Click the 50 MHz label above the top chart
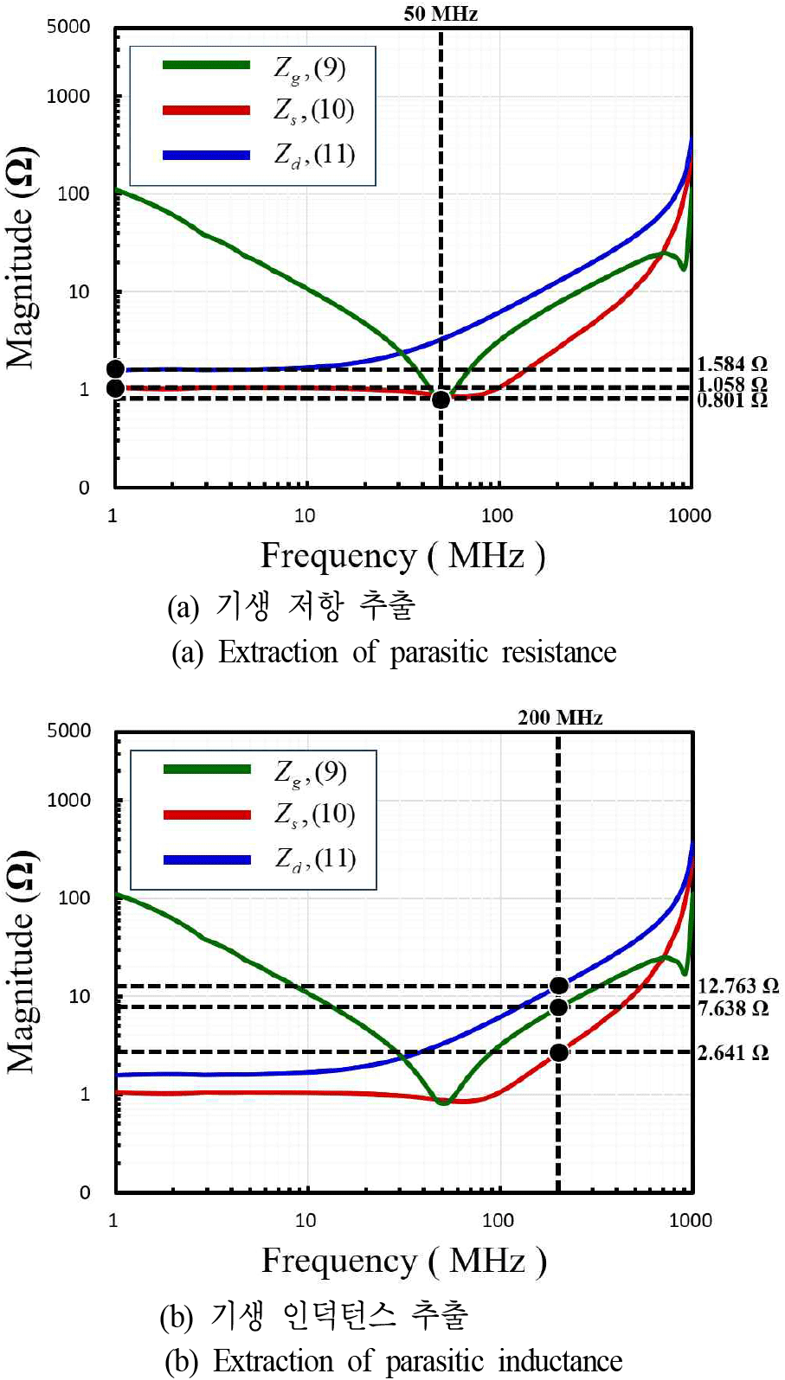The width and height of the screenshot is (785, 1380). (441, 13)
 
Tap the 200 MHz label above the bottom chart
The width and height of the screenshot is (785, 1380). (560, 717)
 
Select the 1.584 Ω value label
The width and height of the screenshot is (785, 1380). (732, 364)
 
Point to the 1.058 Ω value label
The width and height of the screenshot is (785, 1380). (732, 383)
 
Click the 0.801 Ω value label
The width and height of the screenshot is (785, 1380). (732, 399)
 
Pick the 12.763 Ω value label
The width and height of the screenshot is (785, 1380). (737, 986)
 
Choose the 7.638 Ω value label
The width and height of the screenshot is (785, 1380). (732, 1008)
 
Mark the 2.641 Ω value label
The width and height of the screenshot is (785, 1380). (732, 1052)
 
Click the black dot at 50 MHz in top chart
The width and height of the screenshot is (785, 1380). (441, 399)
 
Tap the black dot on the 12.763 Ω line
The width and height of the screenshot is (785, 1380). (559, 986)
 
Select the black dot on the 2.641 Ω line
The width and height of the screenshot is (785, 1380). (559, 1052)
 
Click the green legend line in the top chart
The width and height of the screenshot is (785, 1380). (206, 65)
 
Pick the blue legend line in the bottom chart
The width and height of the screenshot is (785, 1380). (207, 859)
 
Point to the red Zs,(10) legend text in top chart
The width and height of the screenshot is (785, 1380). (314, 110)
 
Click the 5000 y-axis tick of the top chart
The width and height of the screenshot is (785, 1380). (68, 27)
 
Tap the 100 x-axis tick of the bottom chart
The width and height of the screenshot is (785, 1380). (498, 1220)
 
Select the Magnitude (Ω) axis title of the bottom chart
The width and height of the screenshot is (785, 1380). (22, 962)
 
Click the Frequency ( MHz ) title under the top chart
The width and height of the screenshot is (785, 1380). (402, 556)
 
